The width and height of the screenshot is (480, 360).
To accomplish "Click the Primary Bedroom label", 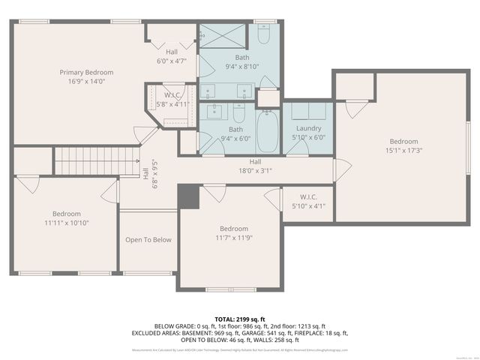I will click(87, 72).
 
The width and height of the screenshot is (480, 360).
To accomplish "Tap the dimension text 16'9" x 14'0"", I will click(87, 81).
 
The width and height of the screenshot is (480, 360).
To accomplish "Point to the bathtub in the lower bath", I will click(268, 131).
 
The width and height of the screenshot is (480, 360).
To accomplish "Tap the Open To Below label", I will click(148, 240).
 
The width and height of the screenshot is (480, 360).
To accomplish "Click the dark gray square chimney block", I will click(187, 196).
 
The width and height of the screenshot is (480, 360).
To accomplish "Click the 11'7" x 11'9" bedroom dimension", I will click(233, 238).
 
